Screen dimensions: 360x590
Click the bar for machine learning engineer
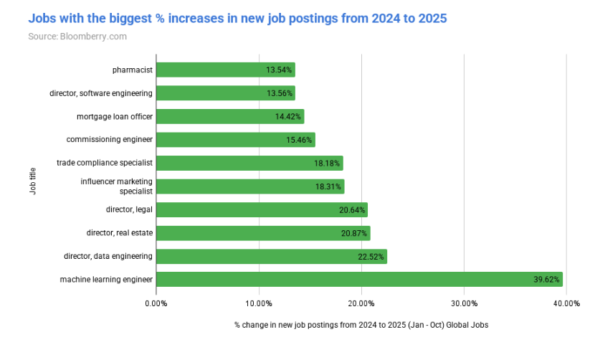pyautogui.click(x=358, y=279)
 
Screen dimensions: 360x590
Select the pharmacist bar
pyautogui.click(x=225, y=70)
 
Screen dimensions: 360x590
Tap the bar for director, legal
pyautogui.click(x=262, y=209)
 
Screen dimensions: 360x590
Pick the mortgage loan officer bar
pyautogui.click(x=229, y=116)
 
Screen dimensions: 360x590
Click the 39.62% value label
pyautogui.click(x=546, y=280)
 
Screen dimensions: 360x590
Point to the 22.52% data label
pyautogui.click(x=371, y=256)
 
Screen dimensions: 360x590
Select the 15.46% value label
pyautogui.click(x=300, y=140)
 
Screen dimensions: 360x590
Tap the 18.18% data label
pyautogui.click(x=327, y=163)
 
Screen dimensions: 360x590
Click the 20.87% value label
pyautogui.click(x=354, y=233)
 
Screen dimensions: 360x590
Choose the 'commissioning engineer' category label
pyautogui.click(x=109, y=139)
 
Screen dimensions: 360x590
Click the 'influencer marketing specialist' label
pyautogui.click(x=116, y=186)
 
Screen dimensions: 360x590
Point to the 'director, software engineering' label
pyautogui.click(x=101, y=93)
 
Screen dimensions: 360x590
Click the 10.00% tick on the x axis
pyautogui.click(x=259, y=303)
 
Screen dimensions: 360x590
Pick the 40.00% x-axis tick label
pyautogui.click(x=566, y=303)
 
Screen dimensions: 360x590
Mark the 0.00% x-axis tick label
pyautogui.click(x=156, y=303)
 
